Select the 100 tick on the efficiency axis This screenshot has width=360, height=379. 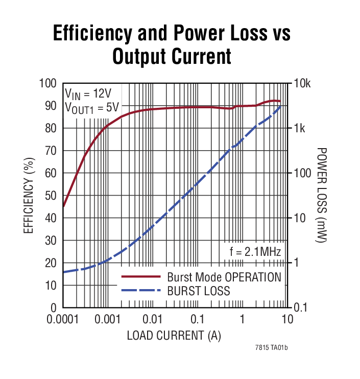coord(48,83)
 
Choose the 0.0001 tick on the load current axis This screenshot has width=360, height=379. coord(63,319)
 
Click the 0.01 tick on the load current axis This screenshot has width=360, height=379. coord(152,319)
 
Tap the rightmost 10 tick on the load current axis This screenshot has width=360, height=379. coord(287,319)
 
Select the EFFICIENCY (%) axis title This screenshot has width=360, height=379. coord(29,196)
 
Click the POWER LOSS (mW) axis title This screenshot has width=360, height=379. coord(321,196)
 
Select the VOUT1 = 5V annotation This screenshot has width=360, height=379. coord(91,107)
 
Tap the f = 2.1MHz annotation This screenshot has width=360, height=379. coord(254,251)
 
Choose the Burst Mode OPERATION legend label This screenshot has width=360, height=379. coord(224,277)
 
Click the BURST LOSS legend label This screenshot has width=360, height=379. coord(198,291)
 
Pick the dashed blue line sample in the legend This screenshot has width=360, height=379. coord(140,291)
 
